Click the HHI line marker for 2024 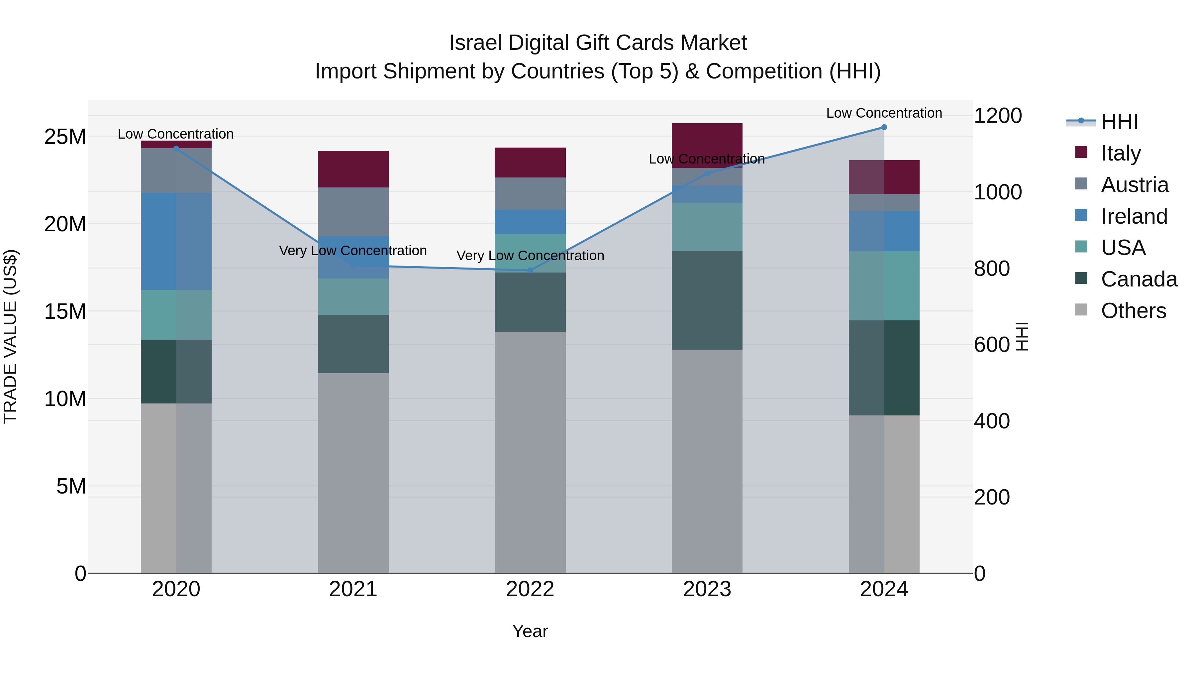[x=884, y=127]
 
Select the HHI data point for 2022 [x=530, y=270]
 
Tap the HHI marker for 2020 [x=176, y=149]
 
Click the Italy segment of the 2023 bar [x=707, y=139]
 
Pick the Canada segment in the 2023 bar [x=707, y=300]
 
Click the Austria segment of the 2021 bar [x=353, y=212]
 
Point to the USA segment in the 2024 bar [x=884, y=285]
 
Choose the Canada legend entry [x=1139, y=279]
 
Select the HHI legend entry [x=1119, y=122]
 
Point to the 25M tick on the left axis [x=65, y=137]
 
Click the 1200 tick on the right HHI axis [x=997, y=116]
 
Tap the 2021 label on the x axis [x=353, y=589]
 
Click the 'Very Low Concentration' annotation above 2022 [x=530, y=256]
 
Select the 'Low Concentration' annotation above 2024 [x=884, y=113]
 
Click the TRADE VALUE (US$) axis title [x=10, y=336]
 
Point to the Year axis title [x=530, y=631]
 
